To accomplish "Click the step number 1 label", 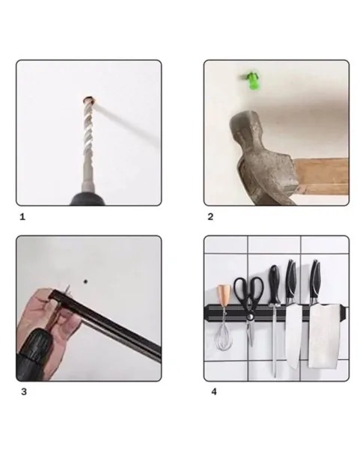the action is coord(22,217).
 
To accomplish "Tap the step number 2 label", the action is coord(210,217).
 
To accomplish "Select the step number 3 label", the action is coord(24,391).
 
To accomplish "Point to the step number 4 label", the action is coord(214,391).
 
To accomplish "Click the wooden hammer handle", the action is coord(322,176).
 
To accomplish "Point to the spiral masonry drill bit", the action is coord(88,143).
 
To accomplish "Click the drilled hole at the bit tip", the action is coord(89,100).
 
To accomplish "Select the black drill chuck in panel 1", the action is coord(88,199).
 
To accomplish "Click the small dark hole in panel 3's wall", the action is coord(85,281).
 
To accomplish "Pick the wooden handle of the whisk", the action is coord(223,295).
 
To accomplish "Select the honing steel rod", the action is coord(275,340).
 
